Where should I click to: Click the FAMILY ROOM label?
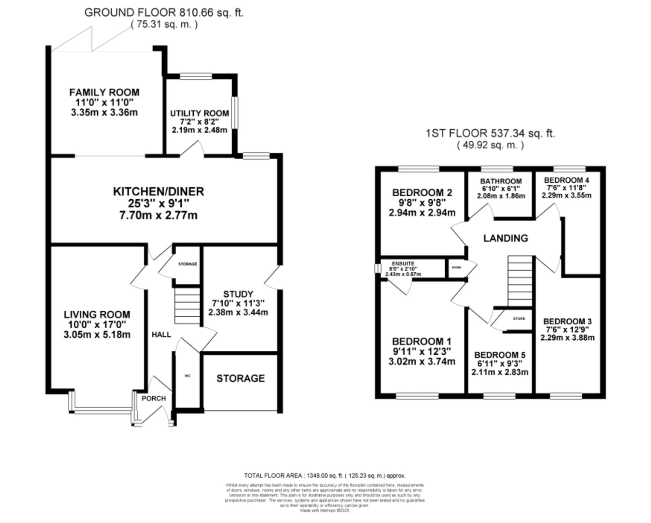104,92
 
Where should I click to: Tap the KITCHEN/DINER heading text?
159,191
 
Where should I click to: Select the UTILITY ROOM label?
200,113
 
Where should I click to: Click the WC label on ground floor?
187,376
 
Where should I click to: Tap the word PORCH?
154,399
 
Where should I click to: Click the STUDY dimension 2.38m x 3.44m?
238,313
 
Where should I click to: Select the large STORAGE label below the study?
241,378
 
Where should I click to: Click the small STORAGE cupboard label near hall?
187,264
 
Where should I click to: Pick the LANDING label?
506,238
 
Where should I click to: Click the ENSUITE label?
403,264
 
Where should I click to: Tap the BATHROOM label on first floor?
501,181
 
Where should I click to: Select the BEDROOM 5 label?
500,355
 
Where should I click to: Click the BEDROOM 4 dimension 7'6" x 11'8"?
566,188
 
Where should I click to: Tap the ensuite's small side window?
377,268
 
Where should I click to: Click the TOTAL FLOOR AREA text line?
325,476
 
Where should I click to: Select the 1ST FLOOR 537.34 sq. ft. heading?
490,134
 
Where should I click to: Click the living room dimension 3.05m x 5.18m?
97,334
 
